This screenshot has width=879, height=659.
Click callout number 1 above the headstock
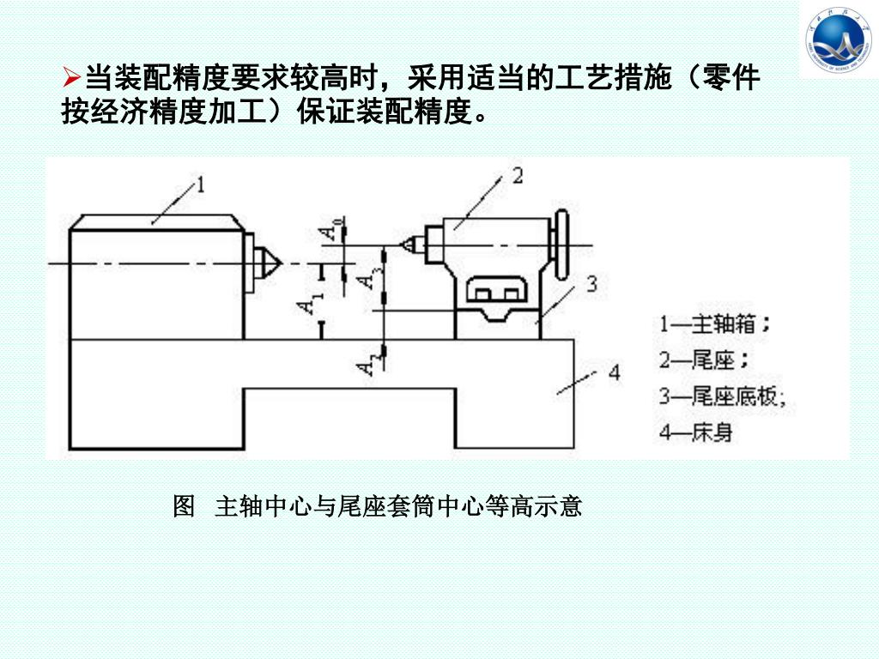(x=200, y=184)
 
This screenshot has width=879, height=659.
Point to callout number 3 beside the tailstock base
(x=591, y=283)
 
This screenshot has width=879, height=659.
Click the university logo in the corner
(x=839, y=39)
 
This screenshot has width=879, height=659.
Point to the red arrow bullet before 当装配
(x=72, y=80)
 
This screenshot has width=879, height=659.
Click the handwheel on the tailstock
(x=561, y=246)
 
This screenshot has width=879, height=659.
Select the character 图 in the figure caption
(x=184, y=506)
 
